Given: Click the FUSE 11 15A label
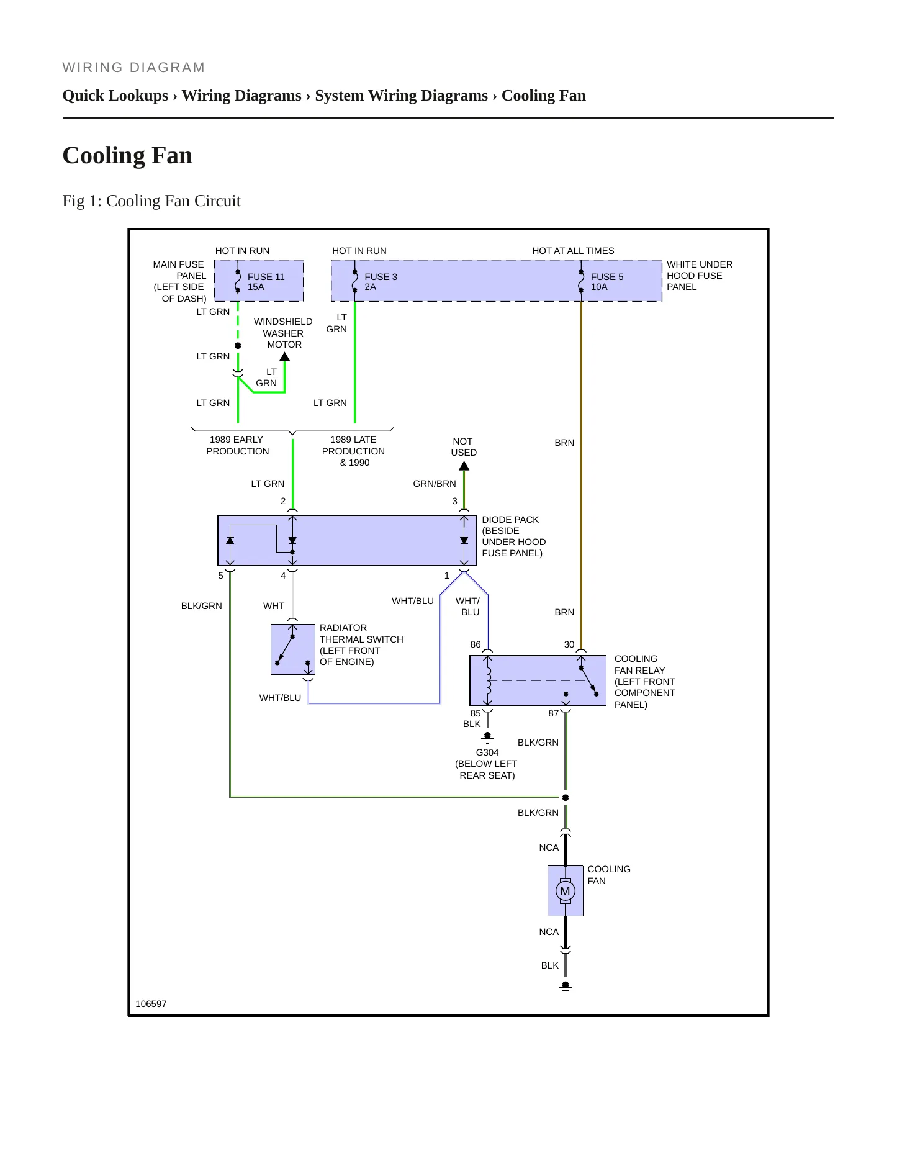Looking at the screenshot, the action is point(266,282).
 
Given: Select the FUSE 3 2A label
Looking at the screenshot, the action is point(381,282).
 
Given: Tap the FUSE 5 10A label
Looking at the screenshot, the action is point(607,282).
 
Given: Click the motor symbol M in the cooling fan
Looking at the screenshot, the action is point(565,891).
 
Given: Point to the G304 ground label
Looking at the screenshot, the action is point(487,752).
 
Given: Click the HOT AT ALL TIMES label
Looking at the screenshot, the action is point(573,251).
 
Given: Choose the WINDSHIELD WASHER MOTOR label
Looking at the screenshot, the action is point(283,333).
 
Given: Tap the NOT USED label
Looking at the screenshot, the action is point(464,447).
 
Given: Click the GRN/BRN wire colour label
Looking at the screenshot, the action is point(435,484).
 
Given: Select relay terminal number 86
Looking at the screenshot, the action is point(476,644).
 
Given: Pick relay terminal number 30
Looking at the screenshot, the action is point(569,644).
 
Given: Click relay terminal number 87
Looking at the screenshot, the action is point(554,713).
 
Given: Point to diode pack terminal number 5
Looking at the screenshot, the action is point(220,576).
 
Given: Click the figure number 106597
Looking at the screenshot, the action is point(151,1004).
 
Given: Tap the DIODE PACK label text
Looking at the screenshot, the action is point(510,520).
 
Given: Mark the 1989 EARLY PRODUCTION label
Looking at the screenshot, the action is point(237,445).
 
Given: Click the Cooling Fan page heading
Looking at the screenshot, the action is point(127,155).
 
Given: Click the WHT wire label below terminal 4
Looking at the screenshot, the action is point(274,606).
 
